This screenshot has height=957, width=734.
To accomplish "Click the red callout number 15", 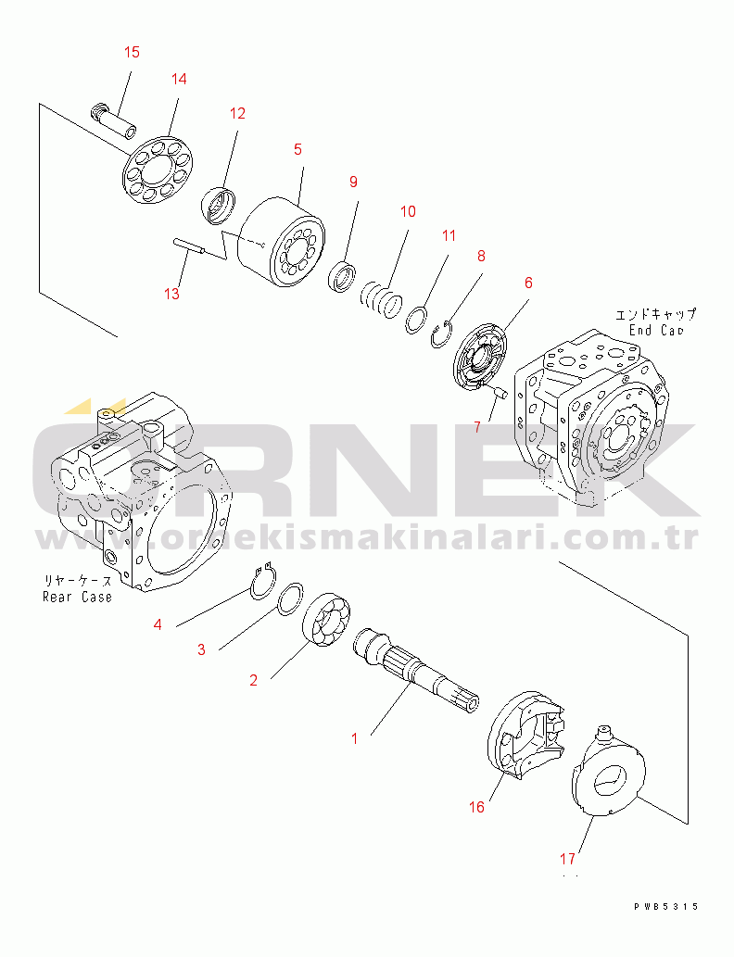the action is (x=132, y=52).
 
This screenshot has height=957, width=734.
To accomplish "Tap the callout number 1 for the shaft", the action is (x=353, y=738).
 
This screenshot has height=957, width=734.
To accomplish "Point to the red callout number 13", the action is (x=171, y=294).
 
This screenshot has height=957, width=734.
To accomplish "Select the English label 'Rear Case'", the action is (x=77, y=597).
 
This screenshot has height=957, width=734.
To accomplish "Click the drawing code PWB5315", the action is (x=665, y=907).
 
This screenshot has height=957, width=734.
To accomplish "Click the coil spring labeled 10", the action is (x=380, y=298).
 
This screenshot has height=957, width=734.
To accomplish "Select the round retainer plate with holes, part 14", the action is (x=158, y=169).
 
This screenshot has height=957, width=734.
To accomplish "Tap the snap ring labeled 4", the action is (x=263, y=581).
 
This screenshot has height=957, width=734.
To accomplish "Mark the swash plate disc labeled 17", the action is (x=608, y=777).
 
